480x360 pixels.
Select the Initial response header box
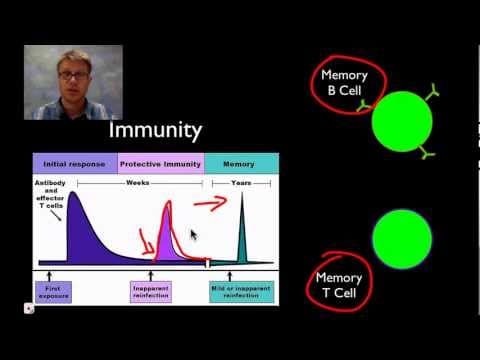pyautogui.click(x=75, y=162)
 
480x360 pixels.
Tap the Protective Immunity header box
pyautogui.click(x=160, y=162)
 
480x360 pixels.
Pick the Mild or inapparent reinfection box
pyautogui.click(x=242, y=290)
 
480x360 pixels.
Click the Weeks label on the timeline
pyautogui.click(x=139, y=183)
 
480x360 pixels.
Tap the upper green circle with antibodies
pyautogui.click(x=402, y=123)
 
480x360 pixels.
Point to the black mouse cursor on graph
pyautogui.click(x=193, y=235)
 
